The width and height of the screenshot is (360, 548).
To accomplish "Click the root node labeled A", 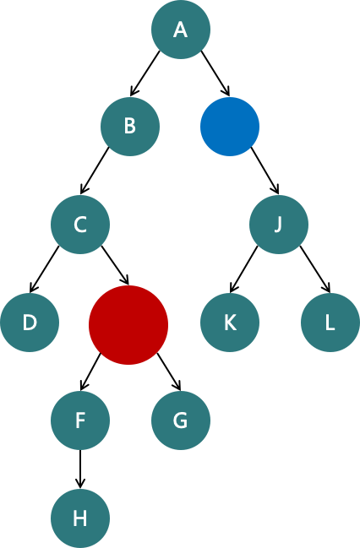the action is [181, 30].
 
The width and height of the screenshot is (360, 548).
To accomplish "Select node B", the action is [130, 127].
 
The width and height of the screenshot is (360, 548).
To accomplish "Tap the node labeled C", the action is [80, 225].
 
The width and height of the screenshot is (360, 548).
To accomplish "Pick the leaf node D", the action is [30, 323].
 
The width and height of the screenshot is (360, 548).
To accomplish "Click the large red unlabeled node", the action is [128, 325].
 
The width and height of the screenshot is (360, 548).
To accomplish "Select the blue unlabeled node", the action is [230, 127].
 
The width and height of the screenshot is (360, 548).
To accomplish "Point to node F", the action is [80, 420].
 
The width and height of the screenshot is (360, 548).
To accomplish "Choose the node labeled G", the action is [181, 420].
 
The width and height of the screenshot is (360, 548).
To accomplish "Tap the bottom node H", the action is [80, 518].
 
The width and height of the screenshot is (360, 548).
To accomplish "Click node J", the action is [279, 225].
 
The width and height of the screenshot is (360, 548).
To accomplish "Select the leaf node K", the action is [230, 323].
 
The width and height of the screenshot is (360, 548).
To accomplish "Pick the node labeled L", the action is [330, 323].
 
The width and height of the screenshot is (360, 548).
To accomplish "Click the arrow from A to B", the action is [145, 73].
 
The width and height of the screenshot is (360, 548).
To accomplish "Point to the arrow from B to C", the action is [95, 171].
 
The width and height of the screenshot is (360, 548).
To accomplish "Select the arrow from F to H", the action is [80, 469].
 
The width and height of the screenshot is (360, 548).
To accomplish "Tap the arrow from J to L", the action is [315, 269].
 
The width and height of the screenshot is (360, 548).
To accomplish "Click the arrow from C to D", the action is [45, 269].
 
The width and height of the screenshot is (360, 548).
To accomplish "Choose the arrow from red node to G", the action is [169, 372].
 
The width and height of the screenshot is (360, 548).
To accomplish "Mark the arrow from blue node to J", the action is [265, 171].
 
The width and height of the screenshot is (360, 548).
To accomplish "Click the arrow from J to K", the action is [244, 269].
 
